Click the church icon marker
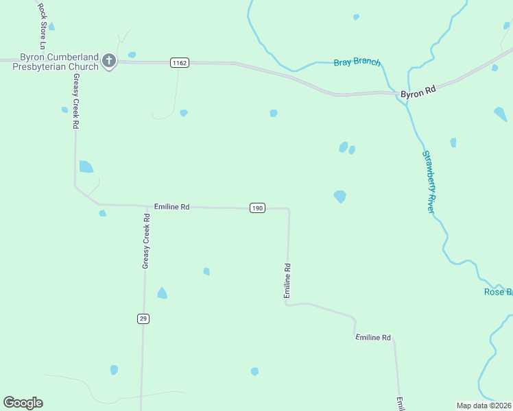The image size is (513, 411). (x=108, y=62)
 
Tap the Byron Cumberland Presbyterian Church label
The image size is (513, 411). (x=49, y=62)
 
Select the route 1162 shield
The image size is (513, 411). (x=180, y=63)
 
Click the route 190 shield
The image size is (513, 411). (x=257, y=208)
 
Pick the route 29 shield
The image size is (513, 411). (x=143, y=319)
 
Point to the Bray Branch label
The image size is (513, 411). (x=357, y=62)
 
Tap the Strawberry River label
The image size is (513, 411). (x=429, y=182)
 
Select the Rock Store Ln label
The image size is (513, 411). (x=42, y=25)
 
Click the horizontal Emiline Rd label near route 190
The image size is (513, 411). (x=171, y=206)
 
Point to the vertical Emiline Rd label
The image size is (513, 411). (x=287, y=281)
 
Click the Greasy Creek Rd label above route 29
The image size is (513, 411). (x=145, y=240)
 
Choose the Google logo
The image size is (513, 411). (x=23, y=403)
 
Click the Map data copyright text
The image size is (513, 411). (x=484, y=406)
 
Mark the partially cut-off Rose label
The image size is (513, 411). (x=498, y=292)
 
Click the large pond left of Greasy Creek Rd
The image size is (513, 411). (x=86, y=166)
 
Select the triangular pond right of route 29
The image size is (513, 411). (x=162, y=293)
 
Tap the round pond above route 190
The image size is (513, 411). (x=339, y=197)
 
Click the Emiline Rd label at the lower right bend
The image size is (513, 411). (x=373, y=338)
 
